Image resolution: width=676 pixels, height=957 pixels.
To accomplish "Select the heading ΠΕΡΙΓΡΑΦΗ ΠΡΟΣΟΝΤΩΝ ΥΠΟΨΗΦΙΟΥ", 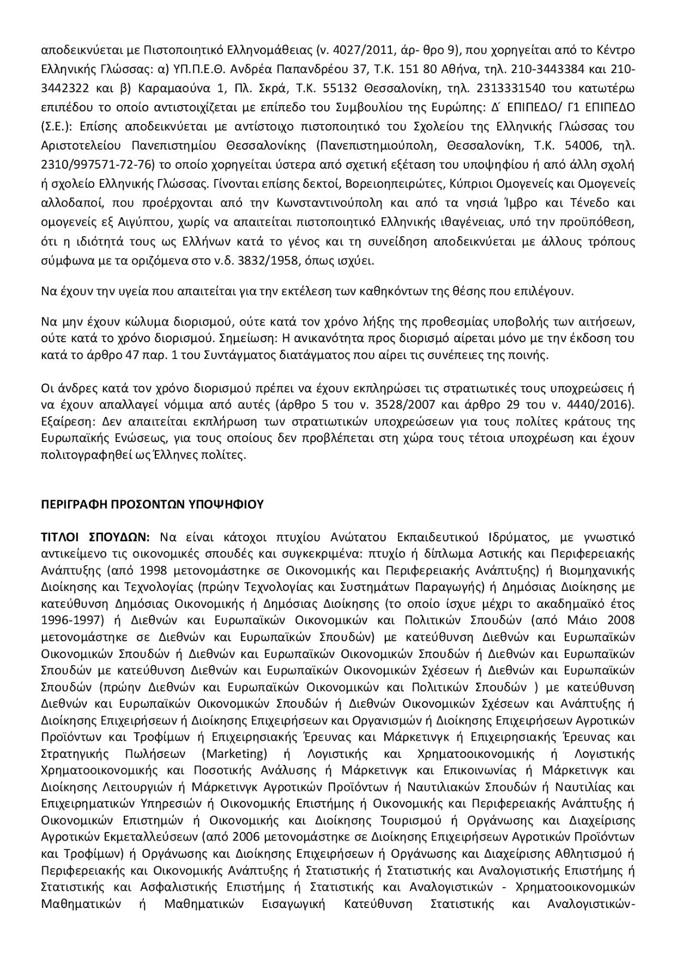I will click(152, 504).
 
